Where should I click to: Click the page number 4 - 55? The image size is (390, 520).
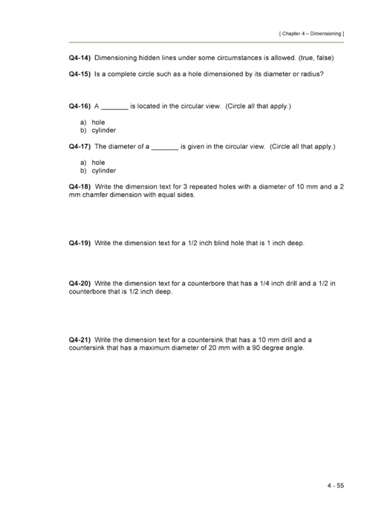point(334,486)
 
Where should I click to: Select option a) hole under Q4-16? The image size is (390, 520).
point(93,122)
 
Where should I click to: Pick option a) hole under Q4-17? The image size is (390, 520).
point(93,162)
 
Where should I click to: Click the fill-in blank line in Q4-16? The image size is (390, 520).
point(114,108)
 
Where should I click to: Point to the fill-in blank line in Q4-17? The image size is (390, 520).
point(164,149)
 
